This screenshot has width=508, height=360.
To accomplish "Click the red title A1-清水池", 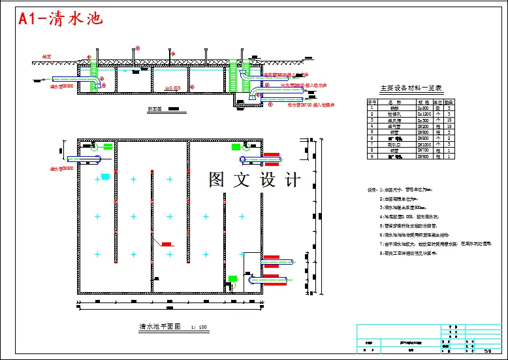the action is pos(61,18).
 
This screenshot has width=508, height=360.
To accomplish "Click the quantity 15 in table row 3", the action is pos(450,120).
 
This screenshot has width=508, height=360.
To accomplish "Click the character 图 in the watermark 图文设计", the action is pos(217,180).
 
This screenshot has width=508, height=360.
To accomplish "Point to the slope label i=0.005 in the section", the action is pos(172,88).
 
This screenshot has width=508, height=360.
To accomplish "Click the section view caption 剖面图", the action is pos(155,109).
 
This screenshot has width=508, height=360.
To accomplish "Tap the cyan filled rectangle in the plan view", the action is pos(105,176).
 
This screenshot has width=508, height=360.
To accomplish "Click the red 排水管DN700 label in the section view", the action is pos(303,103).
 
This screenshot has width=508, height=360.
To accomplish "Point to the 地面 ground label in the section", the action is pos(46,56).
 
